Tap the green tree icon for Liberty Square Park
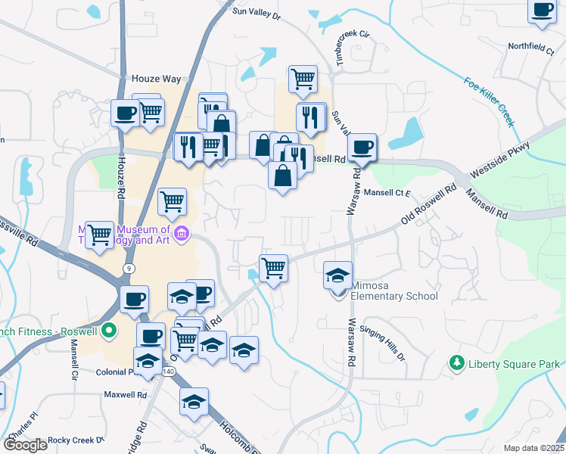pyautogui.click(x=456, y=363)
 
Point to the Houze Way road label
pyautogui.click(x=157, y=79)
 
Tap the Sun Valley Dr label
pyautogui.click(x=257, y=11)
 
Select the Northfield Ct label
pyautogui.click(x=531, y=46)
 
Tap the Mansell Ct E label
pyautogui.click(x=387, y=193)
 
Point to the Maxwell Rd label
pyautogui.click(x=124, y=394)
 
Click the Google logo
pyautogui.click(x=25, y=445)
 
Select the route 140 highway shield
pyautogui.click(x=168, y=372)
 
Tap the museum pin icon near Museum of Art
pyautogui.click(x=181, y=234)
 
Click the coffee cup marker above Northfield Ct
pyautogui.click(x=542, y=11)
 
